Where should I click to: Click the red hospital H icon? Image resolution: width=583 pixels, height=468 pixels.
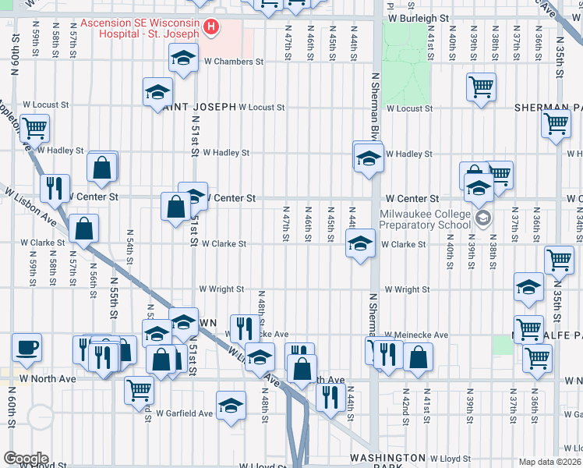[210, 28]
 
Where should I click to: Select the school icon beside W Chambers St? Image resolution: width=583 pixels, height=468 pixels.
[183, 58]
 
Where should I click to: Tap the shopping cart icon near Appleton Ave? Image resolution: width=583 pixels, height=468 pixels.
[34, 127]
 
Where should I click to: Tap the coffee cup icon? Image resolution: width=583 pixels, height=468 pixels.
[28, 347]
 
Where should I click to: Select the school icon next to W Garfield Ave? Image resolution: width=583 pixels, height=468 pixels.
[230, 406]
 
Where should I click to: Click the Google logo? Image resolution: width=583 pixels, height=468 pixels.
[26, 459]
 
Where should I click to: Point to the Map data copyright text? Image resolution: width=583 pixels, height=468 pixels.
[550, 462]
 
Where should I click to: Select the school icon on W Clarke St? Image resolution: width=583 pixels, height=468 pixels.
[360, 244]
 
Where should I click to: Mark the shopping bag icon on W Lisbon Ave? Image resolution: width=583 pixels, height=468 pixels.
[83, 229]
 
